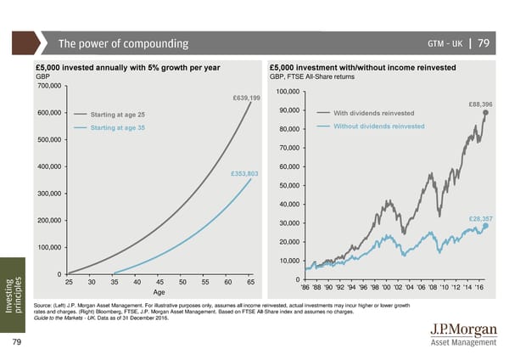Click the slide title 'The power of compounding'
(x=123, y=44)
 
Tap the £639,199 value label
(x=246, y=98)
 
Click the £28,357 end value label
(x=480, y=219)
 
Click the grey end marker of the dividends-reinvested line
(x=485, y=112)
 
